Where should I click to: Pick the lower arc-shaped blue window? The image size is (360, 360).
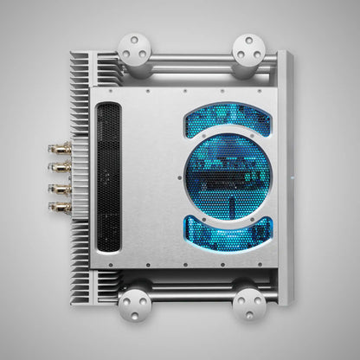click(228, 231)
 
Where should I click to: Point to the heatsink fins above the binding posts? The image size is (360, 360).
click(80, 95)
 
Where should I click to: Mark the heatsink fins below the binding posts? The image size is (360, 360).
click(80, 255)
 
